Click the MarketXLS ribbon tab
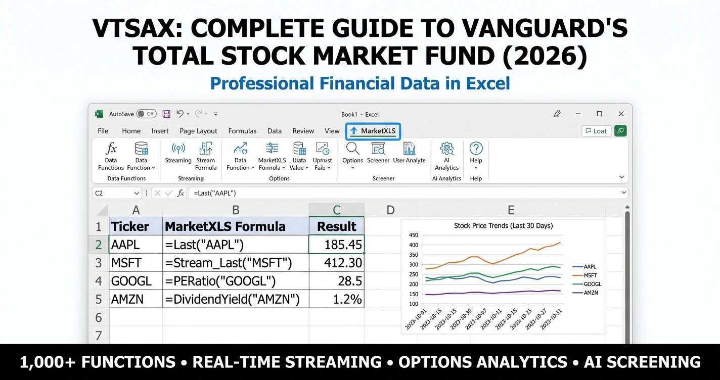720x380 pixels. point(374,131)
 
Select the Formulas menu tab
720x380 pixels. point(242,131)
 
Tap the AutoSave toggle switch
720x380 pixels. point(146,114)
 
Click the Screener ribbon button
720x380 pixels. point(378,149)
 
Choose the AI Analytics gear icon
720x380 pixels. point(446,149)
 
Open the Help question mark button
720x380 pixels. point(476,149)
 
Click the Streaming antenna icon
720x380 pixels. point(178,149)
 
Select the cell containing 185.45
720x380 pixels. point(336,245)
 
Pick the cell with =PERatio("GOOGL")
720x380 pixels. point(236,281)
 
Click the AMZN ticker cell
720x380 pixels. point(136,299)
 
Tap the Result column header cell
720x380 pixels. point(336,226)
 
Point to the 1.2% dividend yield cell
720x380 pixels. point(336,299)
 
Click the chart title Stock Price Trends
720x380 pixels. point(503,225)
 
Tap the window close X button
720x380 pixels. point(621,114)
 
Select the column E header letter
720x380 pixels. point(511,210)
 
